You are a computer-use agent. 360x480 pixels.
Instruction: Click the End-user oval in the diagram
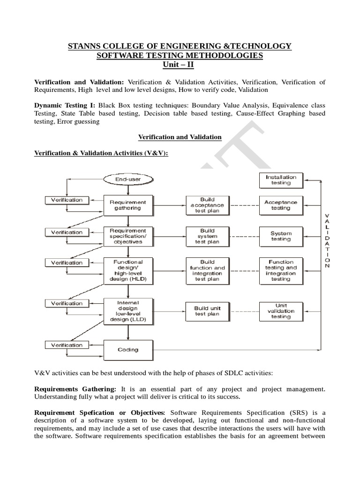coord(128,179)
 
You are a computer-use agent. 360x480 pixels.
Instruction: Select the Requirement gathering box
coord(128,205)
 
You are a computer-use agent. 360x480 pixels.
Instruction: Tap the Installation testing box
coord(281,180)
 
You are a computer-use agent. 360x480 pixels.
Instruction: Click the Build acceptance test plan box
coord(207,205)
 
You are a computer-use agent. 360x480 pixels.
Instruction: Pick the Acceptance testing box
coord(281,205)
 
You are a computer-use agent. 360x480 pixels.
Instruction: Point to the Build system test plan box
coord(207,236)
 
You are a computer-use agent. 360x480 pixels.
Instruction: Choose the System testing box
coord(281,236)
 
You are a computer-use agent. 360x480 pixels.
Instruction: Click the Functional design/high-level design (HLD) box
coord(128,270)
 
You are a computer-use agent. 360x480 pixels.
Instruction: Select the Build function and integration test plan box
coord(207,270)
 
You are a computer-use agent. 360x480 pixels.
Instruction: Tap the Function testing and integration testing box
coord(281,270)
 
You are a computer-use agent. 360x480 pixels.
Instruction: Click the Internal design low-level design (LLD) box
coord(128,311)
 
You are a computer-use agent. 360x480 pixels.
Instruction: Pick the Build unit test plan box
coord(207,311)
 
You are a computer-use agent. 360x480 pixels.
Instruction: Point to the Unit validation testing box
coord(281,311)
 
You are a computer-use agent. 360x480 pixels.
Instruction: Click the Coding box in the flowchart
coord(128,349)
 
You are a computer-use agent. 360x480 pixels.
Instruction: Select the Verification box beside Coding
coord(67,345)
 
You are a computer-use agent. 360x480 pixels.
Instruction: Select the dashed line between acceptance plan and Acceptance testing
coord(244,205)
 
